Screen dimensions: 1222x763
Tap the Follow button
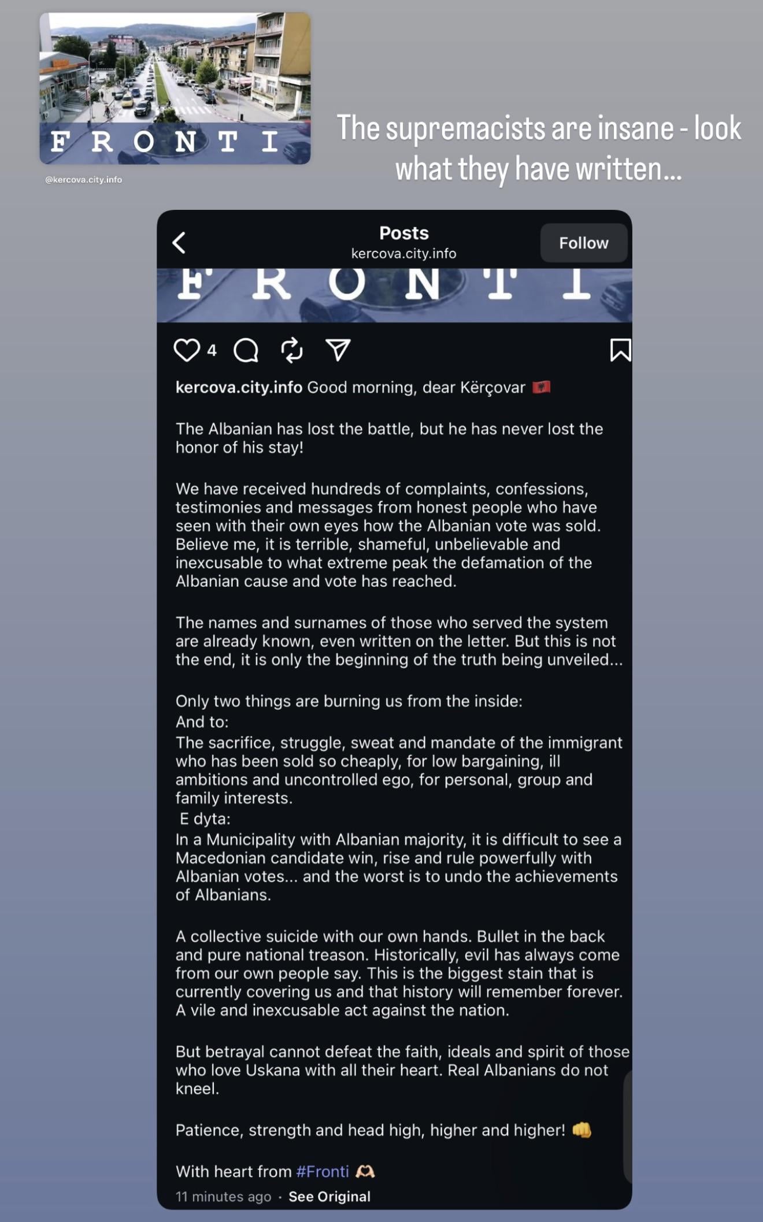[x=583, y=243]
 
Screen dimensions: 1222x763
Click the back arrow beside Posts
[x=180, y=243]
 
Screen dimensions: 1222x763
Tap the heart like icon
[x=187, y=350]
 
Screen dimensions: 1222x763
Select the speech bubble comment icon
[x=246, y=350]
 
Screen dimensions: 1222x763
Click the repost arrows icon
[x=292, y=350]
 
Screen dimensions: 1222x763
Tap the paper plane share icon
[x=338, y=350]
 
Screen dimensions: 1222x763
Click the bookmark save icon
[x=620, y=350]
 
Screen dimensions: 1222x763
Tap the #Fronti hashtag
[x=323, y=1171]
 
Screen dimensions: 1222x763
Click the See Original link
[x=329, y=1197]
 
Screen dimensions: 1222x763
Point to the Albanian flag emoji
[x=542, y=387]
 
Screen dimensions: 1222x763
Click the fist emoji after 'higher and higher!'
[x=582, y=1130]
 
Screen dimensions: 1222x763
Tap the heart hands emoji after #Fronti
[x=365, y=1171]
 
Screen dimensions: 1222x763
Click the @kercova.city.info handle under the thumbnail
[x=84, y=180]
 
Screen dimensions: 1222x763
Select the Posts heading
[x=403, y=233]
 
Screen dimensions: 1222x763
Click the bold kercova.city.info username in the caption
[x=239, y=387]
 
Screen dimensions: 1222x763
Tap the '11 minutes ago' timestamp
[x=223, y=1197]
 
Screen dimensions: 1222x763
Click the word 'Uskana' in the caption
[x=273, y=1070]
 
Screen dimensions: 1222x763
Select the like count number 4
[x=212, y=350]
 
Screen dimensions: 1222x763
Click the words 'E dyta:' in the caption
[x=205, y=819]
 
